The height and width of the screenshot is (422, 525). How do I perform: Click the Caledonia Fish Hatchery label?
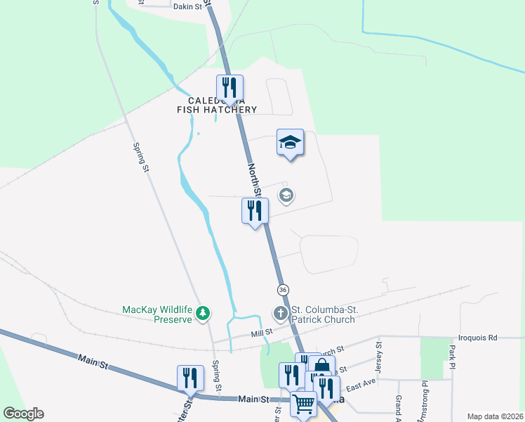tap(216, 105)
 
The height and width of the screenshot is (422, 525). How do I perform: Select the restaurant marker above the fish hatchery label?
tap(230, 88)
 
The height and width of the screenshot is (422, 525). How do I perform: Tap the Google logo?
tap(23, 414)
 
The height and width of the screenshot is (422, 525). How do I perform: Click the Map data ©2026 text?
tap(495, 416)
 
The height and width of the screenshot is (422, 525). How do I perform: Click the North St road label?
tap(254, 180)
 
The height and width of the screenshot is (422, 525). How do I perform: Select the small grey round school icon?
tap(286, 196)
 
